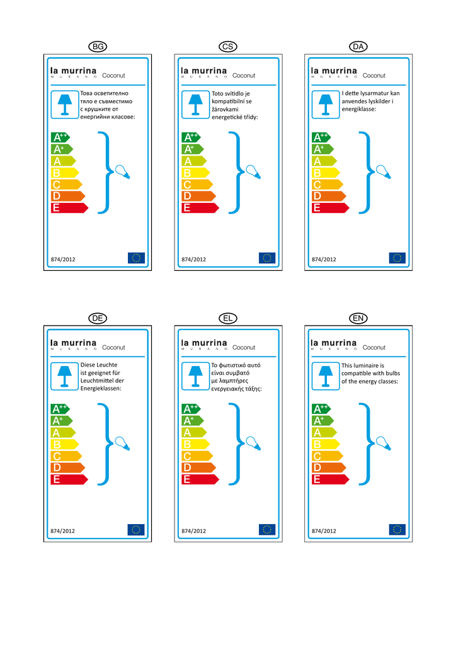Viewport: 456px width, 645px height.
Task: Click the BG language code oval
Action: point(98,47)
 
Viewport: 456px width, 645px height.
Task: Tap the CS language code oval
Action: point(228,47)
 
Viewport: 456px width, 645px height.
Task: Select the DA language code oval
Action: point(358,47)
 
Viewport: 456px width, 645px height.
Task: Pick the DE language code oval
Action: point(98,319)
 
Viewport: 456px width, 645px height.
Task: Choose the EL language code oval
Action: point(228,319)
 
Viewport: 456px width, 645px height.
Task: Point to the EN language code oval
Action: point(358,319)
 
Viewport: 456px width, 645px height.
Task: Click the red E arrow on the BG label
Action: point(69,208)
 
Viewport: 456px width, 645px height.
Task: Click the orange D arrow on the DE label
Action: point(67,468)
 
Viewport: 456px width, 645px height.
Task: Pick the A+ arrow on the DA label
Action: point(322,149)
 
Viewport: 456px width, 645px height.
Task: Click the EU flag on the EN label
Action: point(397,530)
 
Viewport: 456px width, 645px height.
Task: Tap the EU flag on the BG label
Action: point(136,258)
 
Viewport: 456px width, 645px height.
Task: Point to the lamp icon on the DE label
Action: point(65,376)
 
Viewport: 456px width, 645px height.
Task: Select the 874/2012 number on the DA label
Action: point(324,259)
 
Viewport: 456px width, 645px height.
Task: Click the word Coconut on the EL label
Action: point(244,348)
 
